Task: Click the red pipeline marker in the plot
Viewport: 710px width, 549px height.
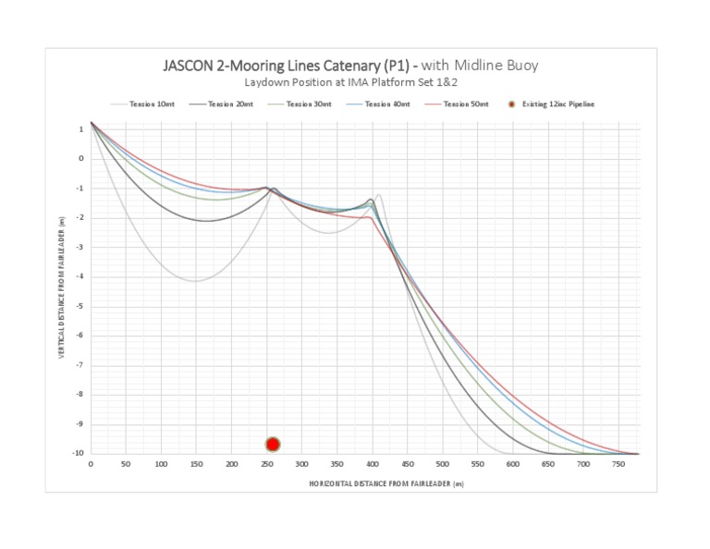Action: (273, 445)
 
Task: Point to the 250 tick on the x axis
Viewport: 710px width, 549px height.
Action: (231, 463)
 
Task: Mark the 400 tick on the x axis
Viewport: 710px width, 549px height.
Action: (372, 463)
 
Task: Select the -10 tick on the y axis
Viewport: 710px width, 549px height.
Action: (80, 454)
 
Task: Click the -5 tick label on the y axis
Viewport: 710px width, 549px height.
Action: (80, 306)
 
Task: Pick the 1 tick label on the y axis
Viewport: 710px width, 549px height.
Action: (81, 128)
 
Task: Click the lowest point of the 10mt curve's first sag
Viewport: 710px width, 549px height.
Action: (195, 281)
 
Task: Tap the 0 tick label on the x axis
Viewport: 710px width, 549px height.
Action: (91, 463)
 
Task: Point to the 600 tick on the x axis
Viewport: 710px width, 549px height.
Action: (512, 463)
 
